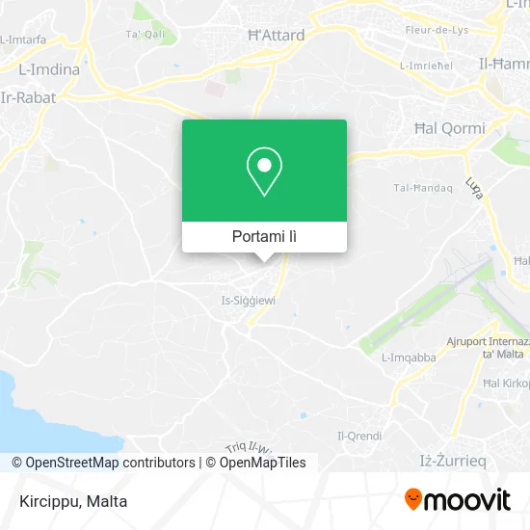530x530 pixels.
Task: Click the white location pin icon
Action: tap(264, 172)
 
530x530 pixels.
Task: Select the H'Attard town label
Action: tap(277, 36)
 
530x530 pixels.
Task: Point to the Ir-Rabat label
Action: tap(29, 97)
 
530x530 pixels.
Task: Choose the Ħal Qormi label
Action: tap(449, 127)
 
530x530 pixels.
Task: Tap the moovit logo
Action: tap(457, 500)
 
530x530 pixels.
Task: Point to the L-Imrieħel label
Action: tap(427, 66)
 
